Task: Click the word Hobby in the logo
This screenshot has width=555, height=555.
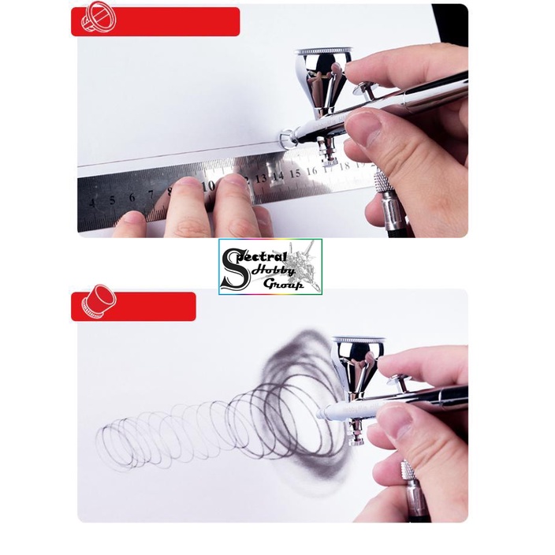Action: [281, 270]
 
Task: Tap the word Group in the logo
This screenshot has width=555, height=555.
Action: [285, 285]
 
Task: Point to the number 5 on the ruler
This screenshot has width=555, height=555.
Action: [112, 199]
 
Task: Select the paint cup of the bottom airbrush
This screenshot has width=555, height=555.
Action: [358, 359]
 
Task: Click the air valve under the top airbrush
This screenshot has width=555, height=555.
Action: [323, 150]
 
